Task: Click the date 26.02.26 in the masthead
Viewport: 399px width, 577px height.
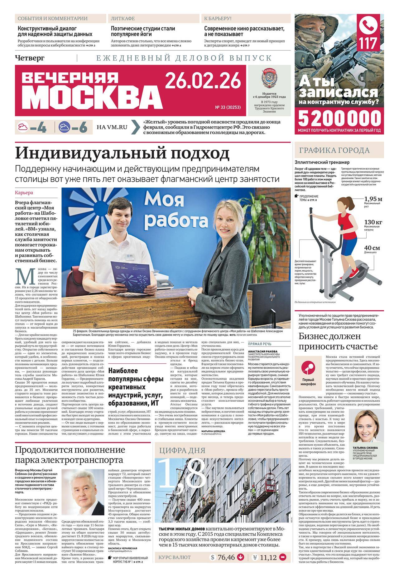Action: coord(203,80)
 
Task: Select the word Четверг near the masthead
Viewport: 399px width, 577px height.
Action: coord(30,58)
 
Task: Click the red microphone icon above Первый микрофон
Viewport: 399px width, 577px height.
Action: coord(308,369)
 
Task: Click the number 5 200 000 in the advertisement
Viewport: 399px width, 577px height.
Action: coord(340,118)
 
